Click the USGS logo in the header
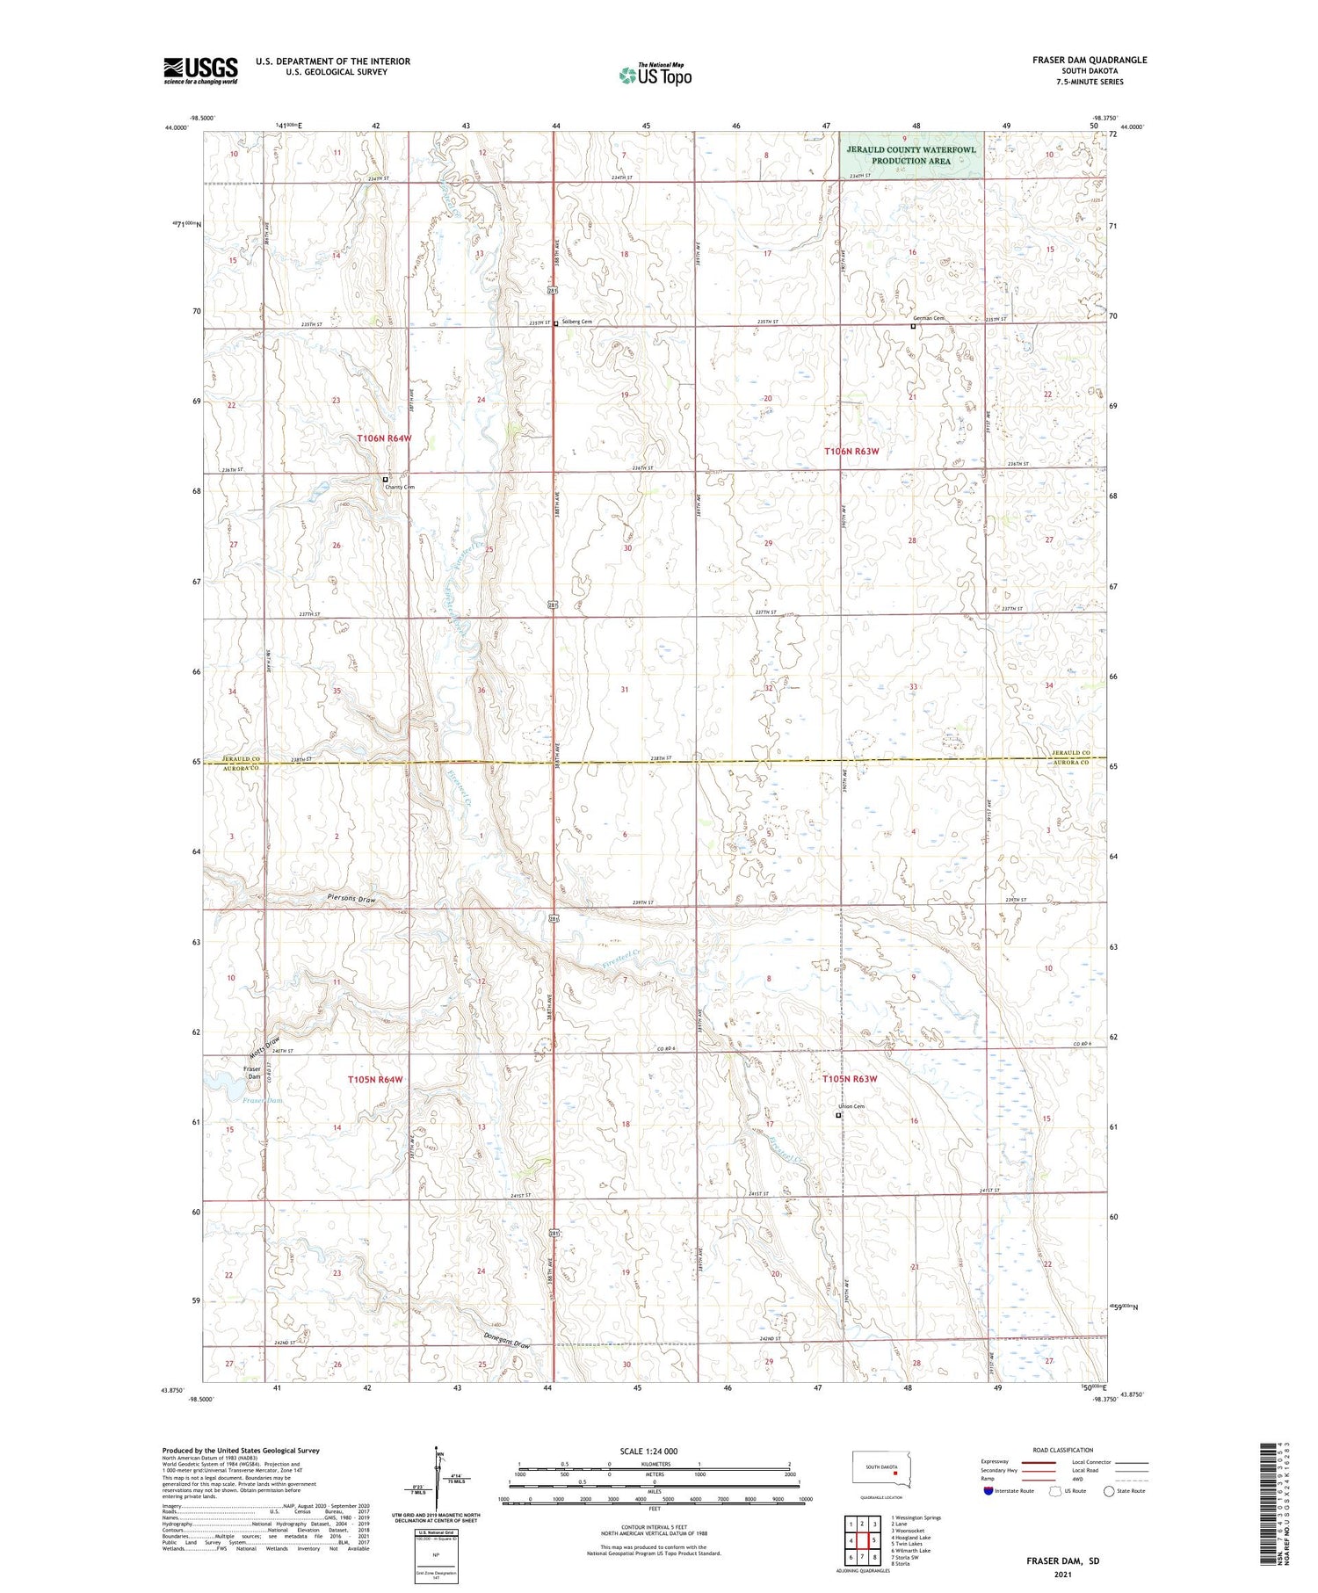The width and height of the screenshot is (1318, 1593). tap(200, 70)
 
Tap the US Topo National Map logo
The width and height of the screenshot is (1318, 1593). tap(655, 76)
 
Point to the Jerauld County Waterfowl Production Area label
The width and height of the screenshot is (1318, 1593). tap(910, 155)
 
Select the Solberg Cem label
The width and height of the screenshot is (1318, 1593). tap(577, 322)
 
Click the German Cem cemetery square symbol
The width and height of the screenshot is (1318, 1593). tap(913, 326)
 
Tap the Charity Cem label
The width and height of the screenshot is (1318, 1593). tap(398, 487)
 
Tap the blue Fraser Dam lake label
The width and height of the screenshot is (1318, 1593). tap(262, 1100)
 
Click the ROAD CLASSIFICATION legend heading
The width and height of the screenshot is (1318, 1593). tap(1062, 1450)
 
